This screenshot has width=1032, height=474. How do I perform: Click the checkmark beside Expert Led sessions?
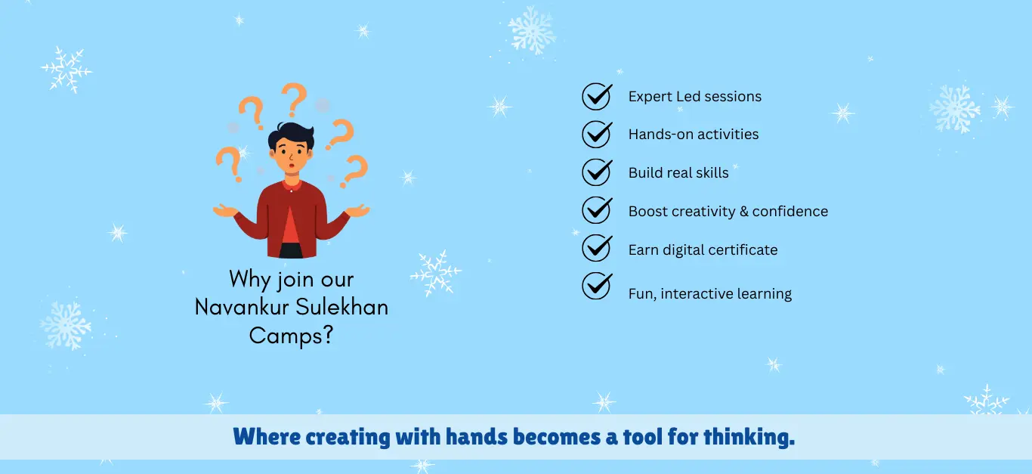coord(597,96)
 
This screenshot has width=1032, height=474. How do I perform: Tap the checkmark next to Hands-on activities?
coord(597,134)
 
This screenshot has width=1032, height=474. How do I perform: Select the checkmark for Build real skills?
coord(597,172)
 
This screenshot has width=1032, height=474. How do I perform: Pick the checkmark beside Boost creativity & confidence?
coord(597,210)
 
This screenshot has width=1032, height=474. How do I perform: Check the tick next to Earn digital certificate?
coord(597,248)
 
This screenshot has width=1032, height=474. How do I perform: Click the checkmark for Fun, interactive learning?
coord(597,287)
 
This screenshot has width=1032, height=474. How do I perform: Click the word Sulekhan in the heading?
coord(341,307)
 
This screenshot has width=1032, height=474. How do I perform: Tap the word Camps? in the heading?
coord(291,336)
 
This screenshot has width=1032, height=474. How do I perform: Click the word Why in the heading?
coord(249,280)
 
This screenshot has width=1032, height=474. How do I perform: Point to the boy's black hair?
coord(291,135)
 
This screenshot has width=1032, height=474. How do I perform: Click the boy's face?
coord(291,156)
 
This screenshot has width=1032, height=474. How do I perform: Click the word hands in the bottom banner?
coord(477,436)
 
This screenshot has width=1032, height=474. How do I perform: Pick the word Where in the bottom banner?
coord(267,436)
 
